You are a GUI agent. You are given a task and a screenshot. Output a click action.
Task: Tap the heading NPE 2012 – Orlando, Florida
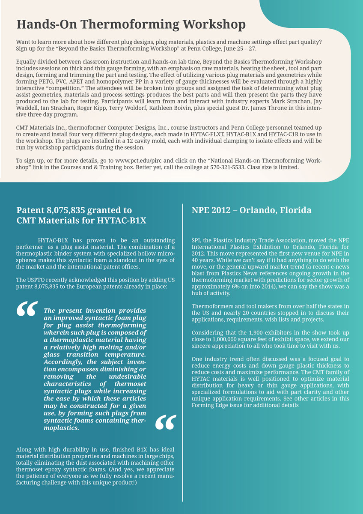[x=251, y=210]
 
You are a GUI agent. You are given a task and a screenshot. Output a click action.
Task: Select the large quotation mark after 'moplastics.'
[x=165, y=422]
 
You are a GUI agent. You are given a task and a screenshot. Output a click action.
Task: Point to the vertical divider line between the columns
[x=183, y=351]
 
